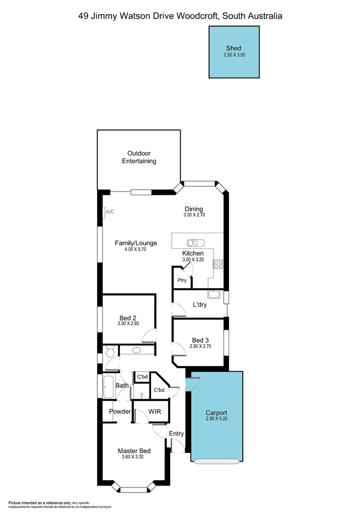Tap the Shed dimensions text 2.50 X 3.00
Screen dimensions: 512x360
pos(234,55)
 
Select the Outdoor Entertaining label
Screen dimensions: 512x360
pos(139,157)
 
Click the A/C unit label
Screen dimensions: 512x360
pos(110,211)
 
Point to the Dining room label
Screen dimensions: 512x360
pos(194,209)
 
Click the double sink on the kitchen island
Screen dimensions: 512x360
pos(195,243)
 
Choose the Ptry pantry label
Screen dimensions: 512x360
pos(182,280)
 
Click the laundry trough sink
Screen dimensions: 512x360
pos(215,294)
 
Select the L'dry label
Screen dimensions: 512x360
pos(199,305)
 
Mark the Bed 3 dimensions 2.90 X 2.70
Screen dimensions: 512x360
pos(200,347)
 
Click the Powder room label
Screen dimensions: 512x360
pos(120,411)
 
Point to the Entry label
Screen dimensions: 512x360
pos(176,433)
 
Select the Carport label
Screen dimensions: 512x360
pos(216,413)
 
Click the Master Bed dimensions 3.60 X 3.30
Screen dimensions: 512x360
pos(134,457)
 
